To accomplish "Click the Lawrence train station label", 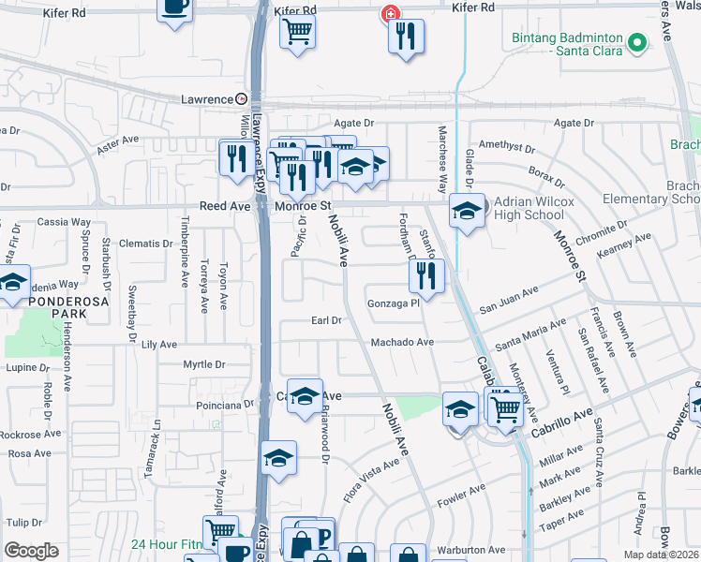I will pos(206,99).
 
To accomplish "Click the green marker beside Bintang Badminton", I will pos(637,42).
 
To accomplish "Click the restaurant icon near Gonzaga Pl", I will pos(425,275).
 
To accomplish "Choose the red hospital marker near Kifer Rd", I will pos(390,15).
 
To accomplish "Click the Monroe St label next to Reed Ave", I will pos(304,205).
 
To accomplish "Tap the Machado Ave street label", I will pos(402,343).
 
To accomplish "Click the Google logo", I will pos(31,550).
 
